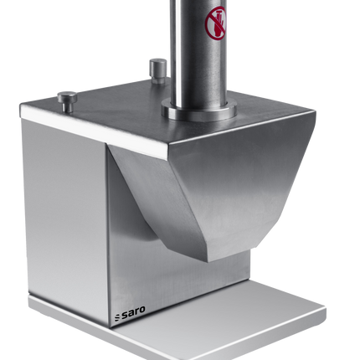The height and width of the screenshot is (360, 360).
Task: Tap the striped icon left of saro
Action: coord(117,317)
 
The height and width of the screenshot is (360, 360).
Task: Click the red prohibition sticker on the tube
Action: coord(215,23)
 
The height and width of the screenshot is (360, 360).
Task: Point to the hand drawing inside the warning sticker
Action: coord(219,24)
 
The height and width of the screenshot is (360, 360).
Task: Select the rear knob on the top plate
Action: coord(158,71)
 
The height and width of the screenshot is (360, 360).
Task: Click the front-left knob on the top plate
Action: coord(67,101)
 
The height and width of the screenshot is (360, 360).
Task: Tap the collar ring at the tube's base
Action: coord(199,110)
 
